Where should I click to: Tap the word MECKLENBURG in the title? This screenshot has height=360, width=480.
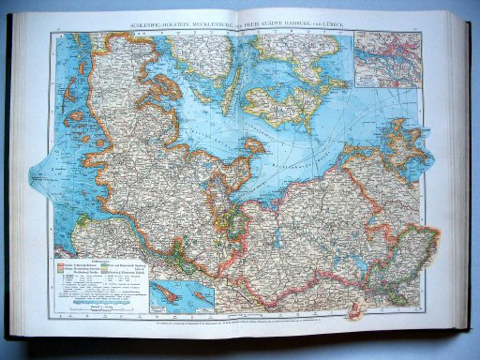221,24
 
